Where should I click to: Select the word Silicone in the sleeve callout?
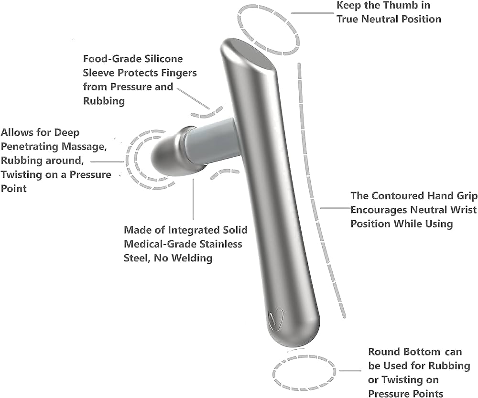pos(163,59)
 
